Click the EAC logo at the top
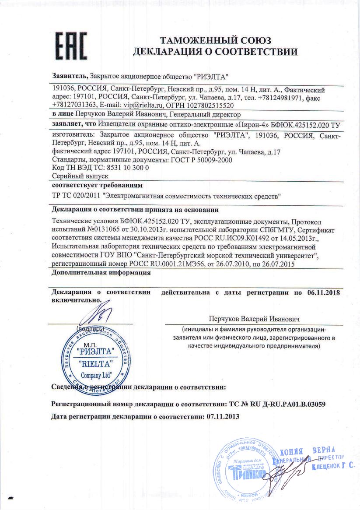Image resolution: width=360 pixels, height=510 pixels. tap(71, 46)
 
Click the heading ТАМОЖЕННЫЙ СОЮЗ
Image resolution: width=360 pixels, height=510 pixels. tap(216, 41)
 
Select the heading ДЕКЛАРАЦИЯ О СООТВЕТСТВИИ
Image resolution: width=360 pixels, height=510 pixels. tap(216, 52)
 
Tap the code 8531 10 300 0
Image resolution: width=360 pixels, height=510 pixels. tap(130, 168)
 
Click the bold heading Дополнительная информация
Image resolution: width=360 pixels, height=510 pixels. tap(101, 273)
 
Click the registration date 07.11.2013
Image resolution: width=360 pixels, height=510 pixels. tap(223, 416)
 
